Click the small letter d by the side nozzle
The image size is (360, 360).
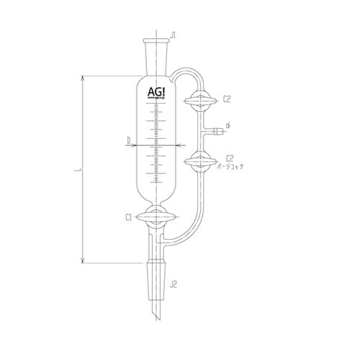point(228,127)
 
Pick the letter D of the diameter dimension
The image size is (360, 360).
point(127,141)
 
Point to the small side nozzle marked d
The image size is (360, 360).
point(213,131)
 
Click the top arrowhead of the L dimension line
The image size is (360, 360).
point(85,76)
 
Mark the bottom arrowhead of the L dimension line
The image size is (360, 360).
point(85,262)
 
